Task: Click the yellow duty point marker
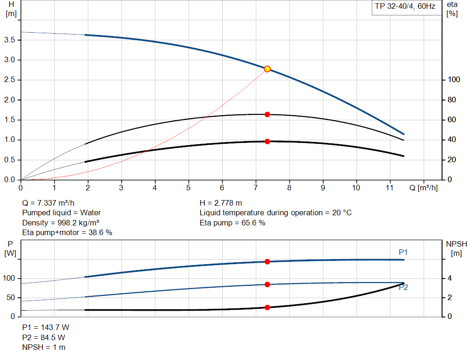tap(267, 69)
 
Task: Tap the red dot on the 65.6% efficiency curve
tap(267, 114)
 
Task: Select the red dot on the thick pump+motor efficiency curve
tap(267, 142)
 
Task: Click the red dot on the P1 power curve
tap(267, 262)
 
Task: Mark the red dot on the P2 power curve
tap(267, 284)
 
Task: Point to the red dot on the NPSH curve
tap(267, 307)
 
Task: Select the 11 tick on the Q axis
tap(390, 188)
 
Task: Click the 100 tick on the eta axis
tap(454, 80)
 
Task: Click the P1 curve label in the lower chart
tap(403, 252)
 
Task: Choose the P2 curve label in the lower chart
tap(403, 287)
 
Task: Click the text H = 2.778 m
tap(221, 203)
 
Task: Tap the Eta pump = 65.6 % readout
tap(232, 223)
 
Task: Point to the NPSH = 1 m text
tap(44, 347)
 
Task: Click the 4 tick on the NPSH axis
tap(450, 278)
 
